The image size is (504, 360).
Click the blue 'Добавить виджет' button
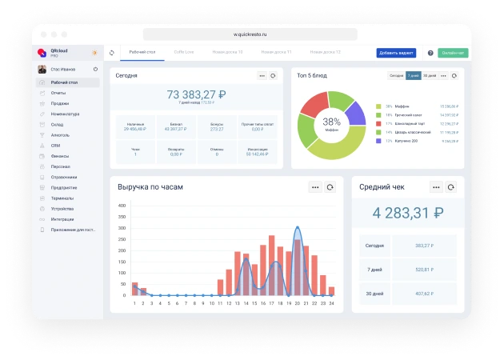pyautogui.click(x=396, y=53)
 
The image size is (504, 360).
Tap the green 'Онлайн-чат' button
pyautogui.click(x=452, y=53)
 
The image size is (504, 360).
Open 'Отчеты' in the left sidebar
pyautogui.click(x=58, y=93)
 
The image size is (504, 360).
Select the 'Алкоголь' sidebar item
pyautogui.click(x=61, y=135)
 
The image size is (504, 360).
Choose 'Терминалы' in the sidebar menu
pyautogui.click(x=62, y=198)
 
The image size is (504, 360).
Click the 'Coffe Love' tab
pyautogui.click(x=185, y=52)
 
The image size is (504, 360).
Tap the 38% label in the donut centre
pyautogui.click(x=331, y=122)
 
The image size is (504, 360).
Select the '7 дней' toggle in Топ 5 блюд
pyautogui.click(x=413, y=75)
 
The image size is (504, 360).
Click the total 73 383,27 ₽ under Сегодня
pyautogui.click(x=196, y=94)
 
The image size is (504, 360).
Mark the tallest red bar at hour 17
pyautogui.click(x=272, y=265)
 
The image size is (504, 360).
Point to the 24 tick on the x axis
pyautogui.click(x=331, y=303)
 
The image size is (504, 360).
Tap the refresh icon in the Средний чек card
pyautogui.click(x=451, y=187)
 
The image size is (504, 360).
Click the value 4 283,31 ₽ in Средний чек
pyautogui.click(x=408, y=213)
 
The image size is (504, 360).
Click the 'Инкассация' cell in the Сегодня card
pyautogui.click(x=258, y=150)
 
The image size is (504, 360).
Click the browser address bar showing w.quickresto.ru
pyautogui.click(x=249, y=34)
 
